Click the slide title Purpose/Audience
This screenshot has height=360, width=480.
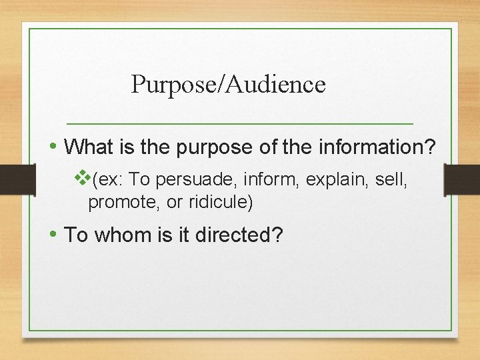pos(228,85)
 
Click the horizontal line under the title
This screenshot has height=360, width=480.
pos(240,124)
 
